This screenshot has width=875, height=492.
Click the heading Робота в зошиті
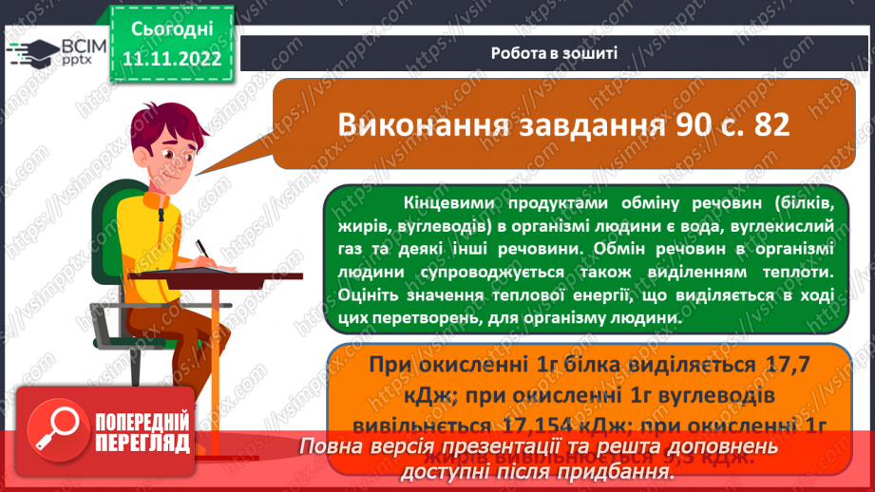pos(555,53)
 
